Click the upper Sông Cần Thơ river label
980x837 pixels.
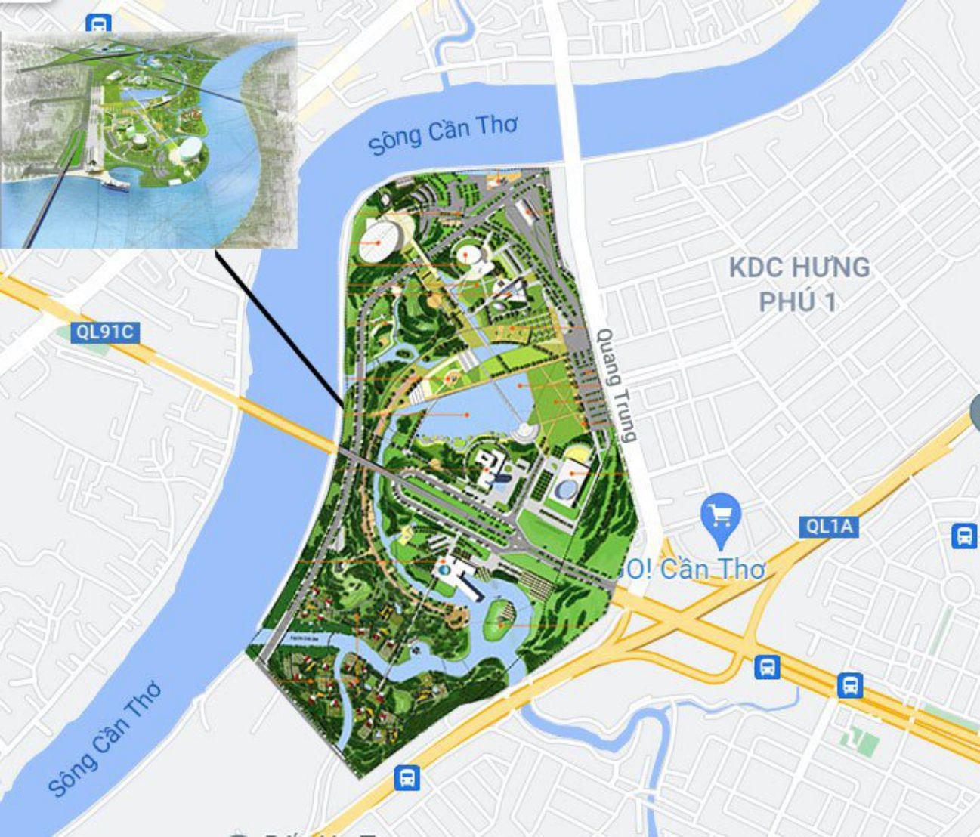click(443, 134)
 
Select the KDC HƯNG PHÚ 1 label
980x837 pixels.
click(799, 284)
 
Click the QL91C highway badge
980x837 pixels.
click(105, 332)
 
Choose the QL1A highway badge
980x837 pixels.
click(829, 527)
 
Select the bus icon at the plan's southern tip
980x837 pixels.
click(407, 777)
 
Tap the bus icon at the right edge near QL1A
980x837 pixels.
click(964, 536)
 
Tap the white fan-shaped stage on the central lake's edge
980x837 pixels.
click(523, 432)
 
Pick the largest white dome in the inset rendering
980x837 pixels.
click(190, 149)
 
